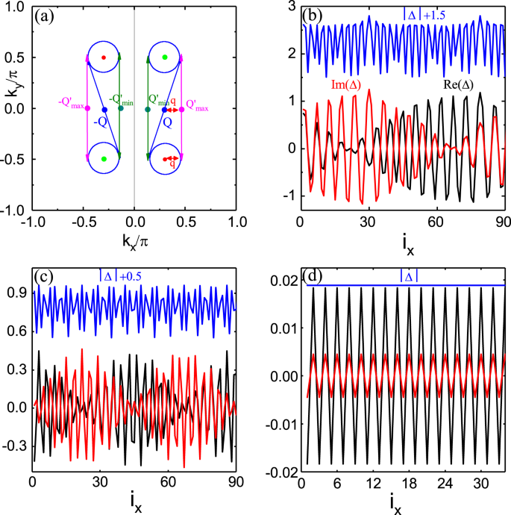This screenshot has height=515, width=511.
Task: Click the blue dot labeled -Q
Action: (104, 109)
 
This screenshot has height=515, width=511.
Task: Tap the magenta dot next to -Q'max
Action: (88, 109)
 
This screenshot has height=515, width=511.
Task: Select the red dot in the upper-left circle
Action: (104, 57)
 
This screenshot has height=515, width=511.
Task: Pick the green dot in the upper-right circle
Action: (165, 57)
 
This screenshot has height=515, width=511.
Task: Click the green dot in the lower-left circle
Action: (104, 159)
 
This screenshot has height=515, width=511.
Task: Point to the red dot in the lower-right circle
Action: (165, 159)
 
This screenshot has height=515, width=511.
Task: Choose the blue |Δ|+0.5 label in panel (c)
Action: (121, 276)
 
